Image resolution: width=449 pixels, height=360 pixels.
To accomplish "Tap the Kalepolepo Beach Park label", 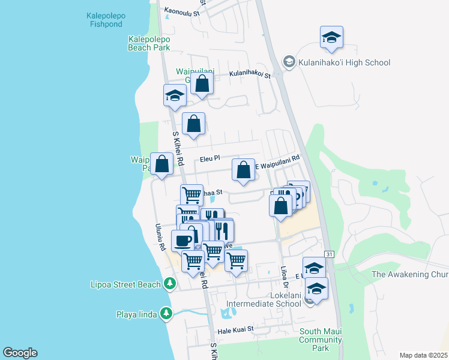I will coord(149,43).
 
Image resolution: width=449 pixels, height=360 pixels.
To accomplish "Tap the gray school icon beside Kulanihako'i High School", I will coord(289,62).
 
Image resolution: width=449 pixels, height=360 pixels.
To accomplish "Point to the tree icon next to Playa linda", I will coord(166,313).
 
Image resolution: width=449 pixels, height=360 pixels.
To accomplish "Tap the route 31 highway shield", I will coord(328,254).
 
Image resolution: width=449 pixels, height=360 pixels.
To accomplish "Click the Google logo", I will coord(20,353).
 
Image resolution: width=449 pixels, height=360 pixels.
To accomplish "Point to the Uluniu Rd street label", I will coord(160,238).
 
